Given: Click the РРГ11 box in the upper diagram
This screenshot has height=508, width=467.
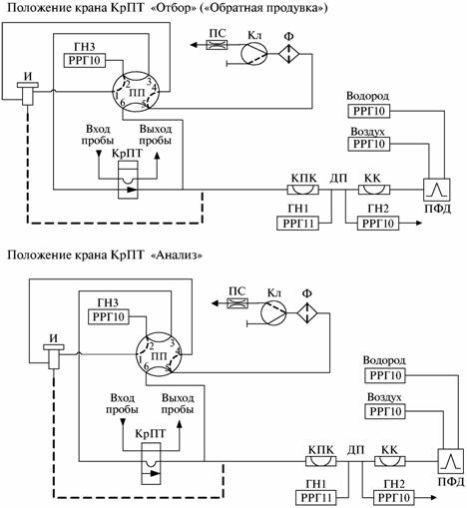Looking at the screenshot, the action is click(297, 224).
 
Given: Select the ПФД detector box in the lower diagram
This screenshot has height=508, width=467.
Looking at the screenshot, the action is click(451, 461).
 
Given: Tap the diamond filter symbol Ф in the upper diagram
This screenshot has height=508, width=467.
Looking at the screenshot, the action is click(288, 54).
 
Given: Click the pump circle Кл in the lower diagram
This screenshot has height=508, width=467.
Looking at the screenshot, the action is click(273, 313).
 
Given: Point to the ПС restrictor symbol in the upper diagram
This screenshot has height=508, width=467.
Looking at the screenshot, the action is click(217, 44).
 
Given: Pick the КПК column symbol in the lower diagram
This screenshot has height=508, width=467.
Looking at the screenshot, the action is click(320, 461).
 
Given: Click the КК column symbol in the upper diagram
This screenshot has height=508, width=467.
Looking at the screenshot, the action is click(374, 190).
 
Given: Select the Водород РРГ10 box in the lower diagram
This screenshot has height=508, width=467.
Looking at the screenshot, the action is click(385, 375).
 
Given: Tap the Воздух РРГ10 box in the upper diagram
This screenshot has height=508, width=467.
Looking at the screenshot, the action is click(369, 144).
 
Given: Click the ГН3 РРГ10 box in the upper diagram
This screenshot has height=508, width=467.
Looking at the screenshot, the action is click(84, 60).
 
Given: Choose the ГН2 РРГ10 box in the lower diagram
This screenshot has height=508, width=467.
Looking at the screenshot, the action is click(394, 498).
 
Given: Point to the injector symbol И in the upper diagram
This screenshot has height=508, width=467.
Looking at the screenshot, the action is click(28, 94).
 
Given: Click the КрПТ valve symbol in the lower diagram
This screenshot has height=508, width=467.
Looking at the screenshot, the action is click(151, 463).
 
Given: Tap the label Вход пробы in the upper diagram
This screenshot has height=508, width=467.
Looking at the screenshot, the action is click(98, 135).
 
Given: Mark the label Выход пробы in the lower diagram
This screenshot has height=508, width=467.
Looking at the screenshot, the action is click(178, 403).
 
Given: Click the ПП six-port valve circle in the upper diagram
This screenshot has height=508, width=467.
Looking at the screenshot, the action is click(136, 91).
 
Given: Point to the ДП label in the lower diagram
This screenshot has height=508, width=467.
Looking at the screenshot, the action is click(356, 450).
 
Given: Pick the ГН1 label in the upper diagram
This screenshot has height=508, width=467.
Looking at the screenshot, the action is click(297, 209).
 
